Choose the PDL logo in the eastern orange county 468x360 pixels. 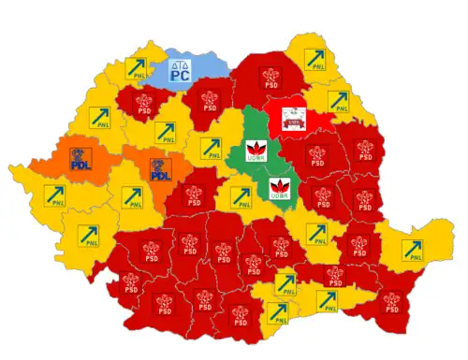coord(162,169)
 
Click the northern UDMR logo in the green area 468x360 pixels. coord(253,149)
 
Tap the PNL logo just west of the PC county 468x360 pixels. coord(138,67)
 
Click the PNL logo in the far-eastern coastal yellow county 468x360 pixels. coord(412,250)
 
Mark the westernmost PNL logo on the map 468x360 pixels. coord(55,195)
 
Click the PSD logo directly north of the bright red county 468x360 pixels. coord(271,75)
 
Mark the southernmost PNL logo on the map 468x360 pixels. coord(277,312)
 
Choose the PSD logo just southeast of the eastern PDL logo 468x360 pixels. coord(195,195)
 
